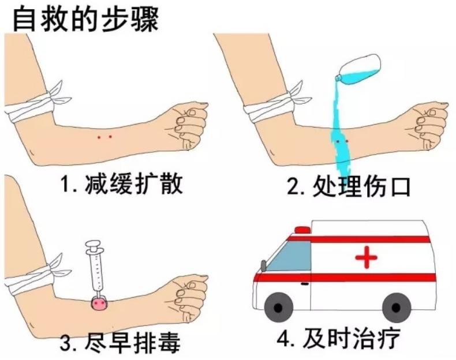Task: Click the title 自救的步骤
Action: click(85, 19)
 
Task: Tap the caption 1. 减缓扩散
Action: click(121, 184)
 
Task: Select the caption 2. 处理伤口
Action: click(349, 186)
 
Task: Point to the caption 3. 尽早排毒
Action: click(120, 342)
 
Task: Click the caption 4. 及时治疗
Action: click(338, 337)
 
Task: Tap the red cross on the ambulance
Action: click(367, 257)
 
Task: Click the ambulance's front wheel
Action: click(278, 307)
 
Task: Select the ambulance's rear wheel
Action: click(397, 307)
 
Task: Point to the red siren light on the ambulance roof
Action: click(302, 230)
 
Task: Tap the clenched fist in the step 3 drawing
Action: click(188, 297)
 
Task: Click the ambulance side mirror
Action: click(263, 265)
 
